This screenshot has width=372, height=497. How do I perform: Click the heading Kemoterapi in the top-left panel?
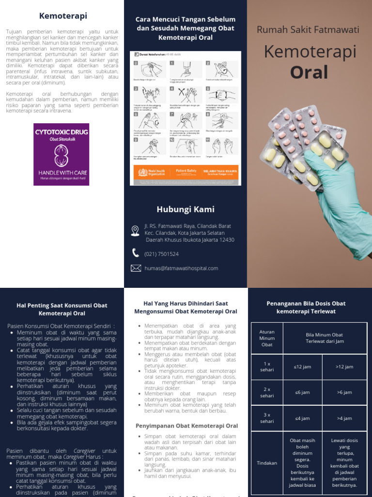(x=63, y=16)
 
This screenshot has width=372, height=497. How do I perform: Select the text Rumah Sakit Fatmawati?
(x=308, y=30)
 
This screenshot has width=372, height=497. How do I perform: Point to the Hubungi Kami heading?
(x=186, y=209)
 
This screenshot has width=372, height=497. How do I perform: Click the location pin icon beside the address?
(x=135, y=231)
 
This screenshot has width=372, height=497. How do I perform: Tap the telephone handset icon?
(x=136, y=253)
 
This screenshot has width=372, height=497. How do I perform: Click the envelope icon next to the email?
(x=136, y=268)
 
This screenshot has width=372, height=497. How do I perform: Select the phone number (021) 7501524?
(x=161, y=254)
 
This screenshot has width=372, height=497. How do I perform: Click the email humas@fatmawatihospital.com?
(x=181, y=268)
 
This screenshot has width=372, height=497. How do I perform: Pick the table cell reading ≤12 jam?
(x=302, y=367)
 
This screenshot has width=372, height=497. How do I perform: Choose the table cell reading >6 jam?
(x=344, y=392)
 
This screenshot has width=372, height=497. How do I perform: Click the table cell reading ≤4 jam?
(x=302, y=418)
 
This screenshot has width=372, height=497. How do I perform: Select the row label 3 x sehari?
(x=267, y=418)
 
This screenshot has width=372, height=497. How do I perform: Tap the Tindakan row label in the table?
(x=267, y=463)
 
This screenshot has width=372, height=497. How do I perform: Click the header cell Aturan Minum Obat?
(x=267, y=338)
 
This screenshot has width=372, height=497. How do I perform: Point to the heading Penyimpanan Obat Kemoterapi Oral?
(x=186, y=426)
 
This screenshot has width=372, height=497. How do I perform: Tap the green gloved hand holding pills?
(x=339, y=204)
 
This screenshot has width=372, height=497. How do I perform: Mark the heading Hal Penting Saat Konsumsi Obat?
(x=62, y=309)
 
